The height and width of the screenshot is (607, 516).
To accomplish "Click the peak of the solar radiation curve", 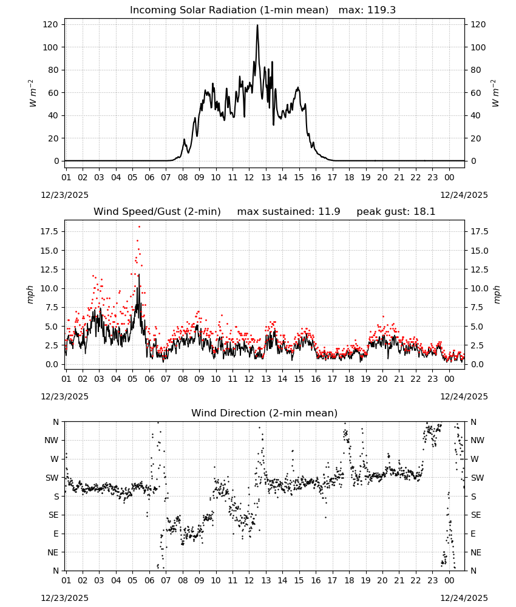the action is click(257, 25).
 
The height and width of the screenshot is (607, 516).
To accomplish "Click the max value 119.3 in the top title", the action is click(381, 10).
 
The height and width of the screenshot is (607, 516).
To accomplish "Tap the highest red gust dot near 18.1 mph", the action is click(139, 227).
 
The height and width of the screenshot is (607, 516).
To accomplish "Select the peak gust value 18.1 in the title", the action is click(423, 212).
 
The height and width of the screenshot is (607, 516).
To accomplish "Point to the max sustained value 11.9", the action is click(329, 212).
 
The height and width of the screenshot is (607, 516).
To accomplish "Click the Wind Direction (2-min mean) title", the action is click(265, 413).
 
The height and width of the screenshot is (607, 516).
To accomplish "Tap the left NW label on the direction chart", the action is click(52, 440).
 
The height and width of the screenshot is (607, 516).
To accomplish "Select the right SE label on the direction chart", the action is click(476, 515).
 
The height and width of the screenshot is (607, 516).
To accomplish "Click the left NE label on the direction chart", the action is click(53, 552).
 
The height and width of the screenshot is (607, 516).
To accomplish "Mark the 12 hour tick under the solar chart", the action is click(249, 177).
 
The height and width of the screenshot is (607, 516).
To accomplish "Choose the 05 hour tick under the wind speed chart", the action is click(132, 379).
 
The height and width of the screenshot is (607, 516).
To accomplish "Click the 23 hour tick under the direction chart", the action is click(432, 580).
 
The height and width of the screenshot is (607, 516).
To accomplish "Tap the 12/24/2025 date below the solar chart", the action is click(464, 195).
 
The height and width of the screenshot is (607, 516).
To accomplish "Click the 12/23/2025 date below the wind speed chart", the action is click(64, 396).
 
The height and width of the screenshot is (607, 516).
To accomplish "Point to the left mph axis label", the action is click(30, 294).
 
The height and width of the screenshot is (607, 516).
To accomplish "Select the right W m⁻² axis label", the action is click(495, 93).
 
